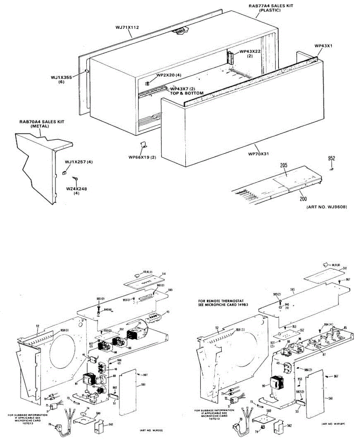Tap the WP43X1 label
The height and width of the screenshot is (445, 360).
coord(323,46)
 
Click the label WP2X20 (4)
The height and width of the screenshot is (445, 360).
coord(169,75)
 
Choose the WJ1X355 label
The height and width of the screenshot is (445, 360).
coord(61,78)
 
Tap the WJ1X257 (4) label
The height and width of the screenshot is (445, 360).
coord(79,162)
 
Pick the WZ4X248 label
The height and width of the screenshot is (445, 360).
coord(76,189)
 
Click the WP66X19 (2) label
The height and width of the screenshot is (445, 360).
coord(142,157)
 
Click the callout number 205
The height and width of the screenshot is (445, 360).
coord(284,165)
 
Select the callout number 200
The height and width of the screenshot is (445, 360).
coord(303,199)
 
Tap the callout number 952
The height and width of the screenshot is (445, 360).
coord(331,158)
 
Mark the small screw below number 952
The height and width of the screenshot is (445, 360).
coord(331,168)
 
